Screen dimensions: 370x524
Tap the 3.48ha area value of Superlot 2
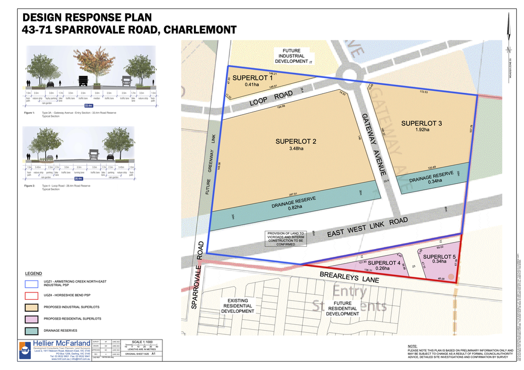point(297,148)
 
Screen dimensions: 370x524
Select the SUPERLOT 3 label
point(422,123)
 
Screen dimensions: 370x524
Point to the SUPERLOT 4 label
point(384,263)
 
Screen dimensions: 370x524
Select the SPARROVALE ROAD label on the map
point(197,275)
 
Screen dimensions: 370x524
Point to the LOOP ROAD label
point(271,99)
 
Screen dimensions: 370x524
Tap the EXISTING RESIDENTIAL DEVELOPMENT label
point(238,306)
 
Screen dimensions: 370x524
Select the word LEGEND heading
point(34,274)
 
